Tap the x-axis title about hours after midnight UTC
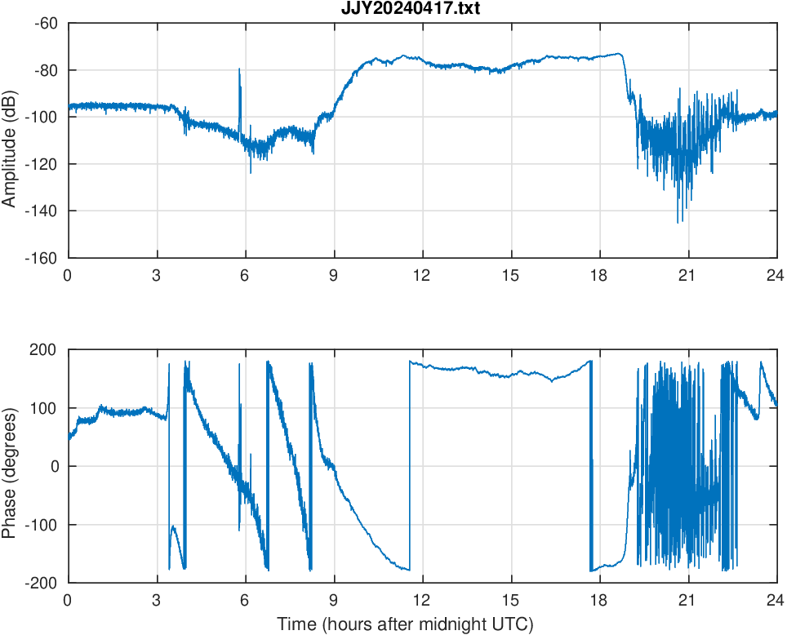click(405, 624)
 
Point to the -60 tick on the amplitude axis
click(46, 23)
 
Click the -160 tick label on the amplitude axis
click(42, 258)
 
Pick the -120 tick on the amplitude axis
click(42, 164)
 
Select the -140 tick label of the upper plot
click(42, 211)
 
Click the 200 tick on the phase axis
click(49, 349)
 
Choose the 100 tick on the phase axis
click(49, 408)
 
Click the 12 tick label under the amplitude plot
click(422, 275)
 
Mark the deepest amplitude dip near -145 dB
click(678, 221)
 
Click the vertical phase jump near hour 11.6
click(410, 465)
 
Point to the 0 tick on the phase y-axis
click(56, 466)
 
